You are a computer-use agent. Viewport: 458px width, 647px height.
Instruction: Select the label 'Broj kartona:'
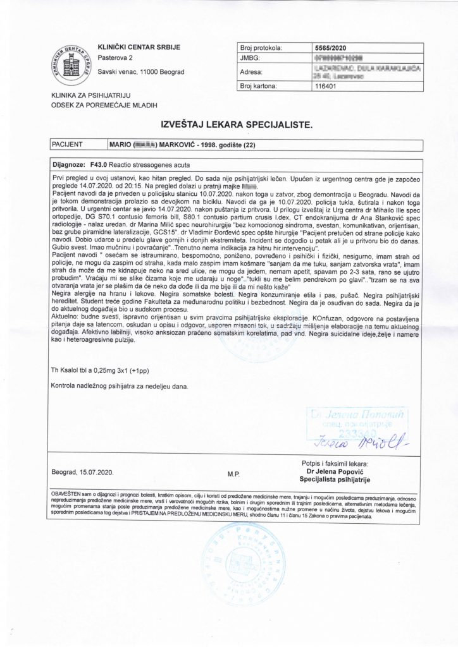coord(259,88)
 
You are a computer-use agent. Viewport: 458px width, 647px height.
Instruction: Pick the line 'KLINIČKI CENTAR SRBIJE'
coord(135,47)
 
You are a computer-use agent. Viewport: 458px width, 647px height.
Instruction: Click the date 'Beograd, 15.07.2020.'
coord(86,472)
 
